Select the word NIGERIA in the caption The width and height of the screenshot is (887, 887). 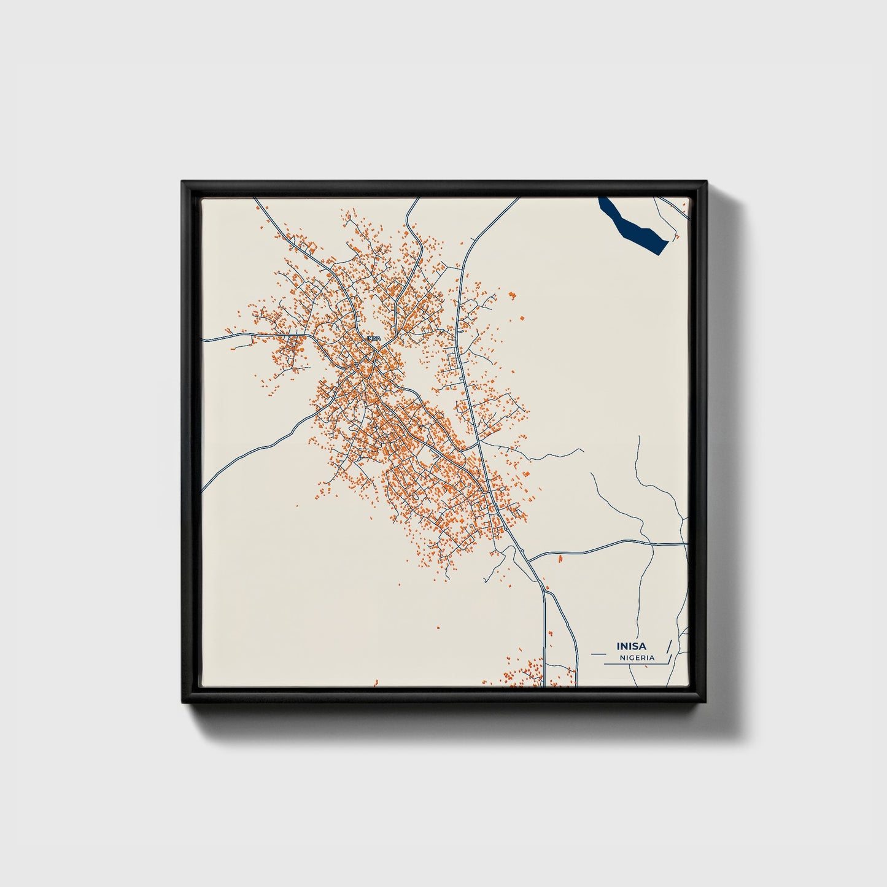pyautogui.click(x=637, y=657)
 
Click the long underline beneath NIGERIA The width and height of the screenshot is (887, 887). pyautogui.click(x=635, y=664)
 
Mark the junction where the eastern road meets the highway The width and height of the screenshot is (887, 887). pyautogui.click(x=529, y=560)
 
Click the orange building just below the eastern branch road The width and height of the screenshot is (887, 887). pyautogui.click(x=560, y=559)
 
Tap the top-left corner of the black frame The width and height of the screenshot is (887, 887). pyautogui.click(x=183, y=182)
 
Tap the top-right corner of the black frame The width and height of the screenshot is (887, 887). pyautogui.click(x=706, y=182)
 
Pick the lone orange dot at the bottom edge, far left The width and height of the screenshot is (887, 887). pyautogui.click(x=376, y=681)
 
